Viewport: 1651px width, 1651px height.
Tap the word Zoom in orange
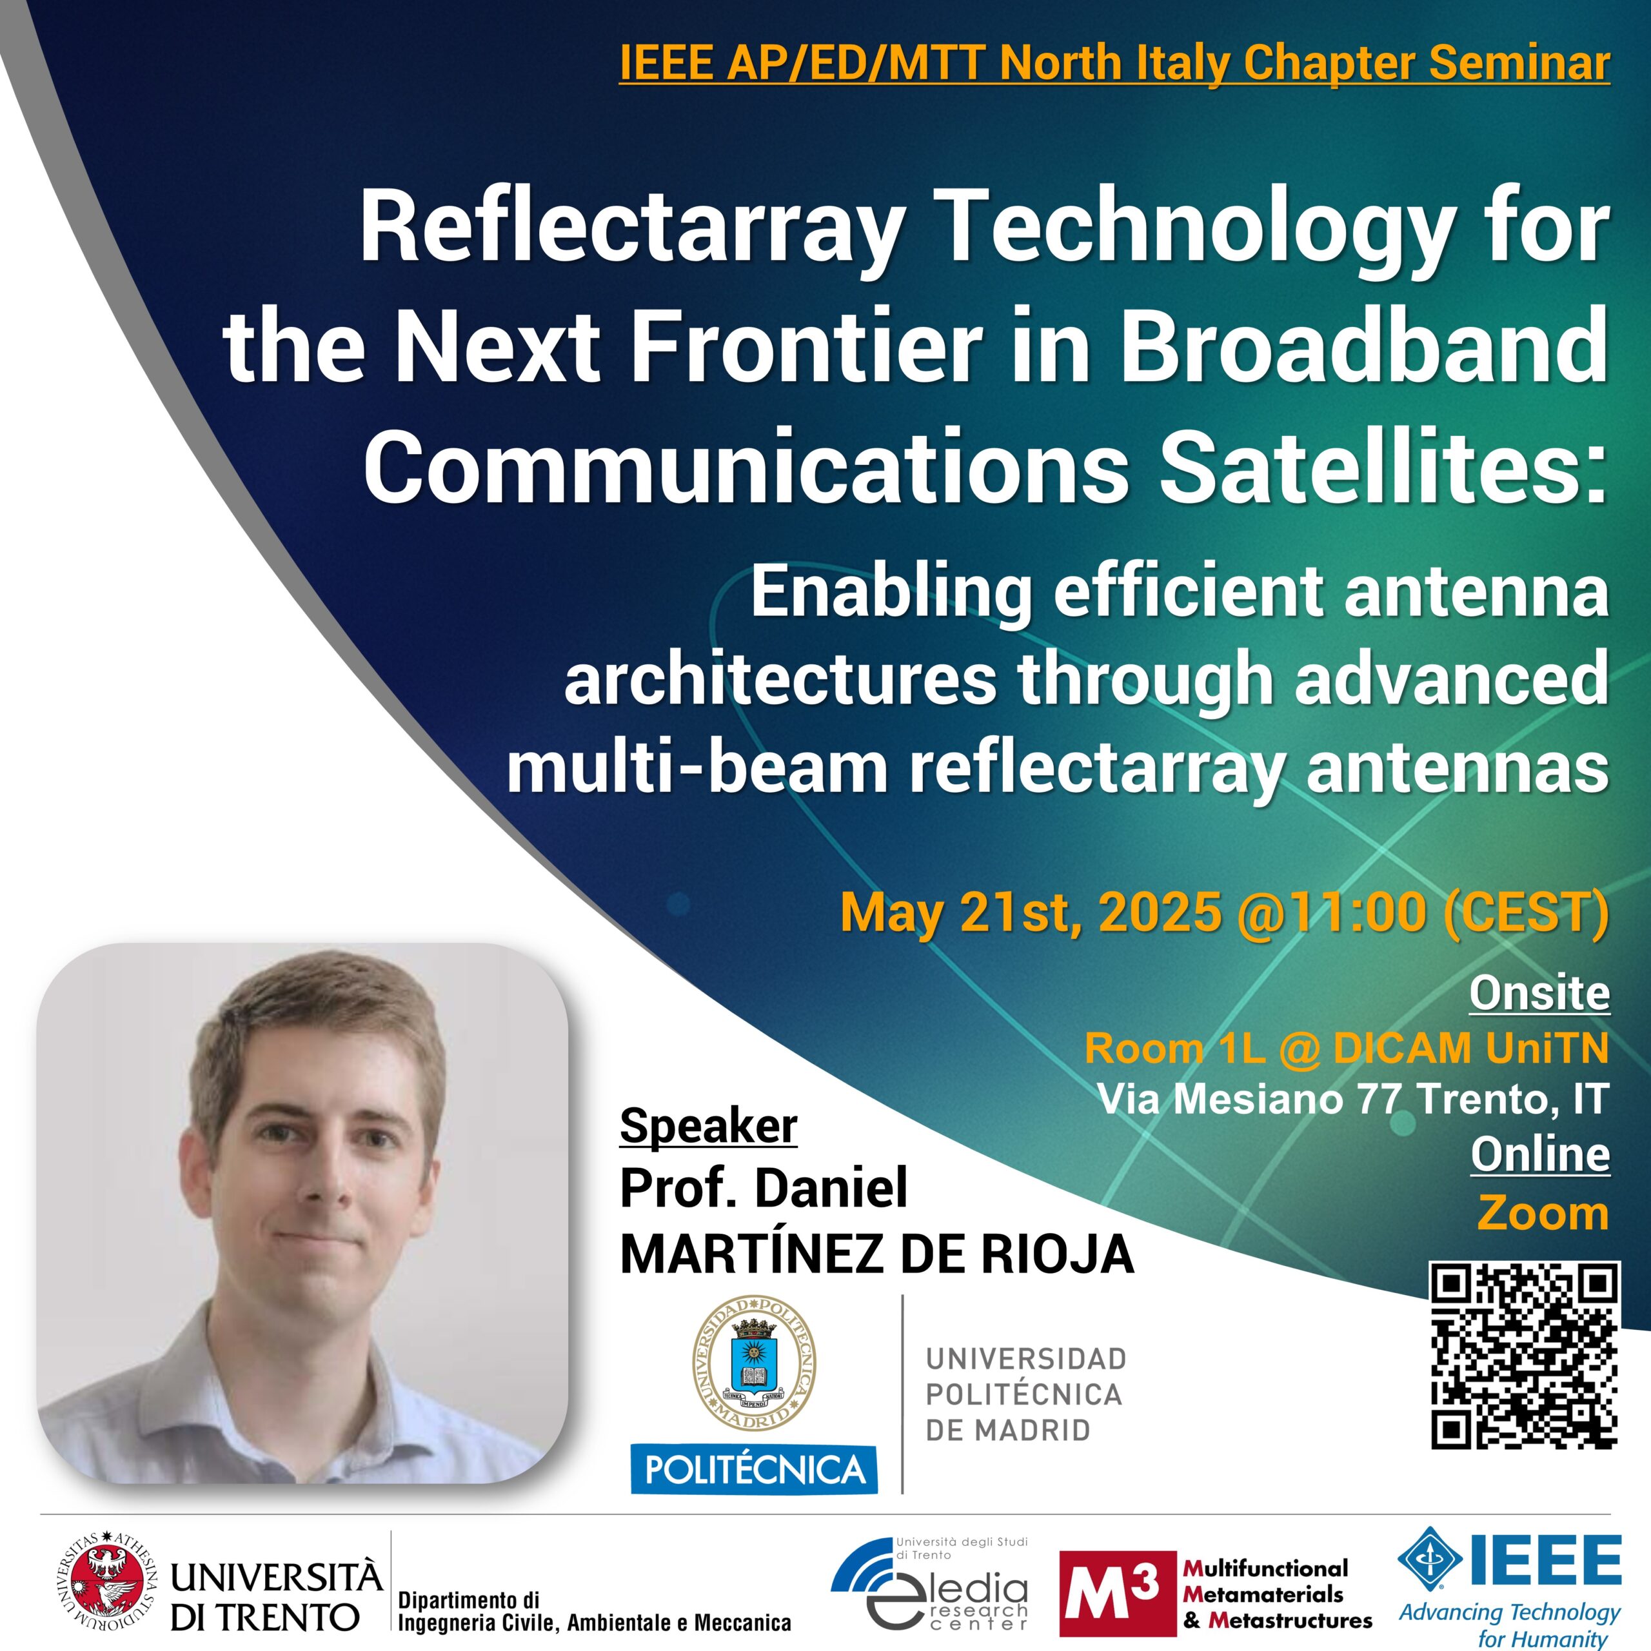pyautogui.click(x=1543, y=1214)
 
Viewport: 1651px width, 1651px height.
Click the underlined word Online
pyautogui.click(x=1540, y=1154)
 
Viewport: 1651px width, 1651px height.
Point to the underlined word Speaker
pyautogui.click(x=708, y=1126)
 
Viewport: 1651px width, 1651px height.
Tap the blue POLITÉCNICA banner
pyautogui.click(x=754, y=1470)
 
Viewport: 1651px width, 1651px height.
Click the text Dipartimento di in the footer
pyautogui.click(x=469, y=1599)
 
